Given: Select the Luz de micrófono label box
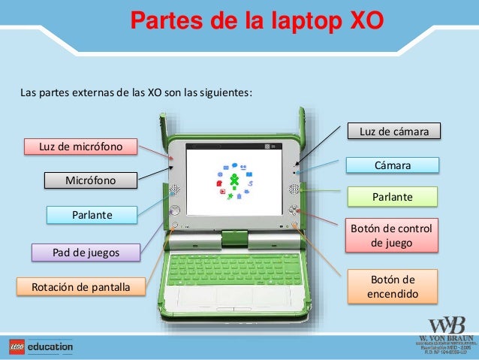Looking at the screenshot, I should pos(80,145).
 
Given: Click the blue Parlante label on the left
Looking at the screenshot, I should pos(92,215).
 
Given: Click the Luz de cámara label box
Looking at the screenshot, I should pos(394,132).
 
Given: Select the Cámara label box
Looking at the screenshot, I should pos(394,165).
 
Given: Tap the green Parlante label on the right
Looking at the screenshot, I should pos(393,198).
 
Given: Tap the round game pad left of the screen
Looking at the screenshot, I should pos(174,210).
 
